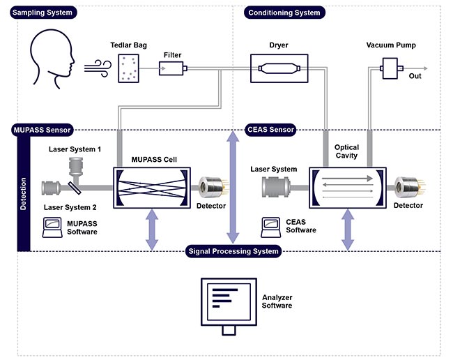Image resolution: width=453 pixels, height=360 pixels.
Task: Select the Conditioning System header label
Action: coord(284,13)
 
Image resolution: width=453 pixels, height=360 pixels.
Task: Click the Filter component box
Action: coord(172,68)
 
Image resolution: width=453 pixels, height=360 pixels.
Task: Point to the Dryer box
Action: coord(278,68)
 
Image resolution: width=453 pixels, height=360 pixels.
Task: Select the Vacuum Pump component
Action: coord(387,68)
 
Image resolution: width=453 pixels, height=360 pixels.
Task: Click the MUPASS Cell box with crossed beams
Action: coord(151,187)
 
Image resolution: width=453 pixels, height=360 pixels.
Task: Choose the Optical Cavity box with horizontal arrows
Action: coord(346,187)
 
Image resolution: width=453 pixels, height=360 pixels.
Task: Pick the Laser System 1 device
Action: coord(75,167)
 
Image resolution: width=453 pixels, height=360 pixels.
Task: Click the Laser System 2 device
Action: coord(54,187)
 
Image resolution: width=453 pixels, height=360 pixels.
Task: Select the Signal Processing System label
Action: coord(233,251)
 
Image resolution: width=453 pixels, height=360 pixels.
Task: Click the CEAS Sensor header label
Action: coord(270,129)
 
